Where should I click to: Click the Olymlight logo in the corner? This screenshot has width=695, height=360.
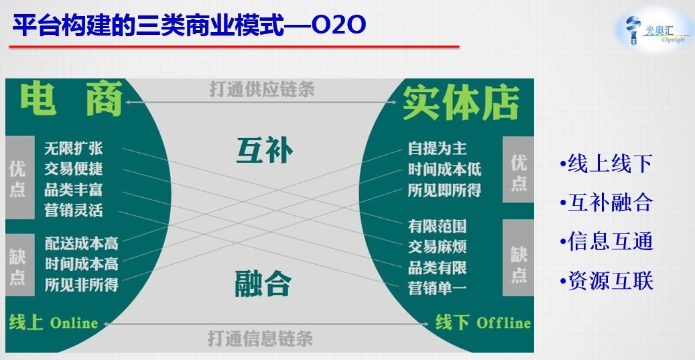click(655, 31)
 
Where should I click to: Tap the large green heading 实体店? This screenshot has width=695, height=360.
click(461, 103)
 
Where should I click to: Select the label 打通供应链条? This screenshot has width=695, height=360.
click(262, 89)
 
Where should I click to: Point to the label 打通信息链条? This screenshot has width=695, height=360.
click(260, 339)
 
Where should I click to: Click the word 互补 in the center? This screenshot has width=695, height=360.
click(264, 150)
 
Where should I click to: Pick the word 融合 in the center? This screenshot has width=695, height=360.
click(263, 284)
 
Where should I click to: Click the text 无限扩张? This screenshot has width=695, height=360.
click(74, 149)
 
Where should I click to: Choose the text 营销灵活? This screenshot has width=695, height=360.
click(74, 210)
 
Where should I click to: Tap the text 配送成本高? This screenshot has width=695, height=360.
click(82, 243)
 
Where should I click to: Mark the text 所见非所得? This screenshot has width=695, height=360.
click(82, 284)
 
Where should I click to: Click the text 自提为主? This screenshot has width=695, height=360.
click(438, 149)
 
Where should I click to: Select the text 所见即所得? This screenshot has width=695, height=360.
click(444, 190)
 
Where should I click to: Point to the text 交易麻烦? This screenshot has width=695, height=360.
click(438, 247)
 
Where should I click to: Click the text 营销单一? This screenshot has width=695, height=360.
click(438, 288)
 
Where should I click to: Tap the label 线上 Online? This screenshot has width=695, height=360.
click(54, 322)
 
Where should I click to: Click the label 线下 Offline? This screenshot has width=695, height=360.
click(483, 322)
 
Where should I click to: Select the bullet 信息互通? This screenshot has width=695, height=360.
click(607, 241)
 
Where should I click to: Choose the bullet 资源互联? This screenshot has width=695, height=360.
click(607, 281)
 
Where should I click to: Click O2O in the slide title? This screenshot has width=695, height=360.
click(338, 26)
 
